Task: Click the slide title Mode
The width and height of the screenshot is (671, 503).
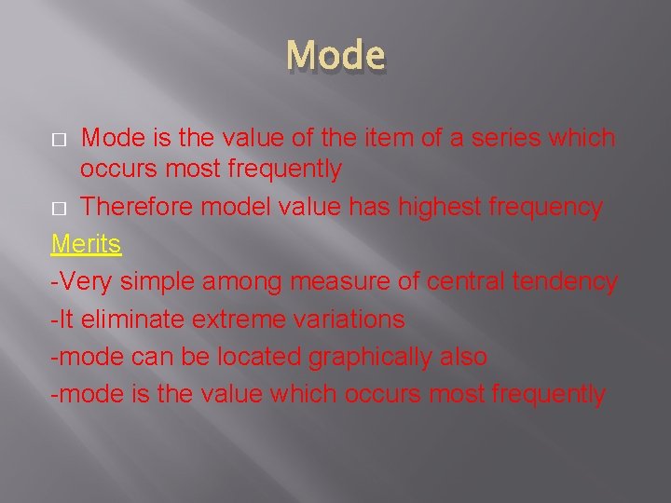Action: pyautogui.click(x=335, y=56)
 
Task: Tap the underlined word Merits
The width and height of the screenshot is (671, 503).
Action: pyautogui.click(x=86, y=244)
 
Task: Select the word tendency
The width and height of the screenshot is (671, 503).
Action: pyautogui.click(x=573, y=282)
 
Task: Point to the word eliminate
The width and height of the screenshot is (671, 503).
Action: pyautogui.click(x=129, y=319)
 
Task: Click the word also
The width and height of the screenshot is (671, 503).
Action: pyautogui.click(x=461, y=357)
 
